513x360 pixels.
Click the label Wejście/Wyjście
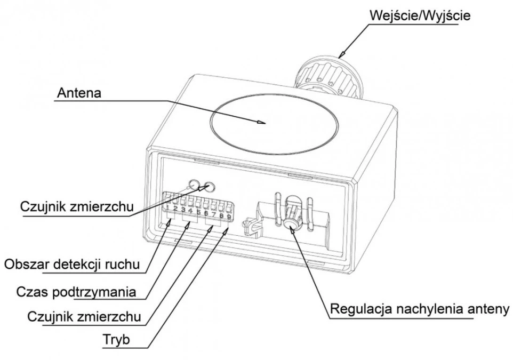(x=420, y=15)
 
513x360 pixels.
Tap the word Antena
(x=79, y=93)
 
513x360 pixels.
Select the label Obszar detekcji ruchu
(x=73, y=264)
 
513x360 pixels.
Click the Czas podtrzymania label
(x=76, y=291)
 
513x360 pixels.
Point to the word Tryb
(x=116, y=339)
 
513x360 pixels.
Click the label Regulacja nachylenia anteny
(x=420, y=309)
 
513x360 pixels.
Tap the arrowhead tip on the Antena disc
(x=266, y=123)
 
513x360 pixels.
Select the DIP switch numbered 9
(x=229, y=209)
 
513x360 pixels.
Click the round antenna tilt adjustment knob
(x=290, y=223)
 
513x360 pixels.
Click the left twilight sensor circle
(x=194, y=185)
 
